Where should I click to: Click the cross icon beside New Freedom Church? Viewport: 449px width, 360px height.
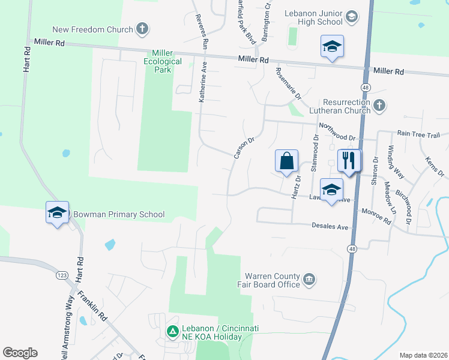coord(142,28)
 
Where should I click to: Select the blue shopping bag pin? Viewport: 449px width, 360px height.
coord(287,161)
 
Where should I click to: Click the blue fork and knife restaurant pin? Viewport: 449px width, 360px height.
coord(349,160)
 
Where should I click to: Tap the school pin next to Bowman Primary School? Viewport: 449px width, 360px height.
coord(58,213)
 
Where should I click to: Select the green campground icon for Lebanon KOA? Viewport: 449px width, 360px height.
coord(172,331)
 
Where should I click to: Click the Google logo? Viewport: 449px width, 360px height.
coord(20,353)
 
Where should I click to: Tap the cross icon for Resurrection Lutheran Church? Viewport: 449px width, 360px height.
coord(379,106)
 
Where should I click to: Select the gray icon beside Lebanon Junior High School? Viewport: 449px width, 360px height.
coord(352,16)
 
